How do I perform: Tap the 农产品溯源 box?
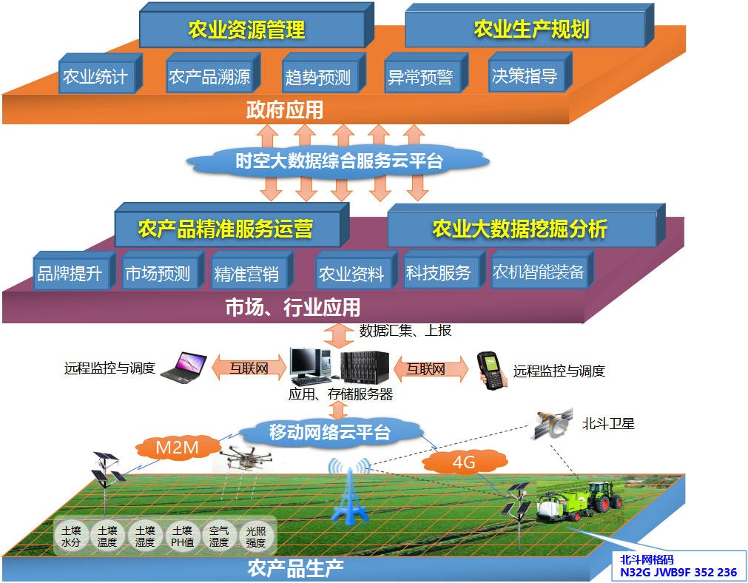click(211, 75)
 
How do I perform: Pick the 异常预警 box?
click(420, 76)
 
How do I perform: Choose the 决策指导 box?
click(525, 75)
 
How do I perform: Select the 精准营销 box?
click(247, 274)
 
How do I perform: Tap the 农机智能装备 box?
click(539, 272)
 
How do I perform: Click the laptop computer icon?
click(182, 367)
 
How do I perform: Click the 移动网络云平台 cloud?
click(330, 433)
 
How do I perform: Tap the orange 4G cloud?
click(463, 463)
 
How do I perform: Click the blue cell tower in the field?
click(348, 493)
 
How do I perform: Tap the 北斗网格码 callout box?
click(678, 566)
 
